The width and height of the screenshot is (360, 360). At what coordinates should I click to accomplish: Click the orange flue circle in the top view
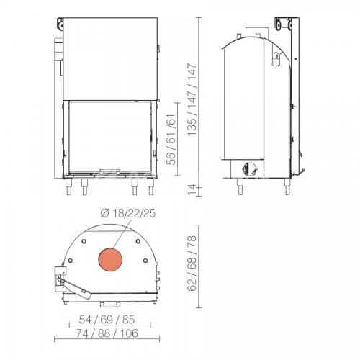tap(110, 260)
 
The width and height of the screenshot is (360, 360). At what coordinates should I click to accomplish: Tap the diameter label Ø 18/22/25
tap(128, 213)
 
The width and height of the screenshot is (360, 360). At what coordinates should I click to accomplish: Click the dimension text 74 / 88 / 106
tap(107, 333)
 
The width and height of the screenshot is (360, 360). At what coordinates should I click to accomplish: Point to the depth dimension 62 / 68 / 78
tap(192, 264)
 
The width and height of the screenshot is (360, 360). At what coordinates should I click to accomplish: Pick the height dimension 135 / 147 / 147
tap(192, 100)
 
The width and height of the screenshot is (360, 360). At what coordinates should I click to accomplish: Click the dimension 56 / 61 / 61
tap(171, 140)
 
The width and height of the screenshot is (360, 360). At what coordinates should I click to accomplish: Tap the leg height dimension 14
tap(192, 190)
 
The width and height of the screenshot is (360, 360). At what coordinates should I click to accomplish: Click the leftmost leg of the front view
tap(68, 187)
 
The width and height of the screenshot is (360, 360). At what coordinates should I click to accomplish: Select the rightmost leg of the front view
tap(150, 187)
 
